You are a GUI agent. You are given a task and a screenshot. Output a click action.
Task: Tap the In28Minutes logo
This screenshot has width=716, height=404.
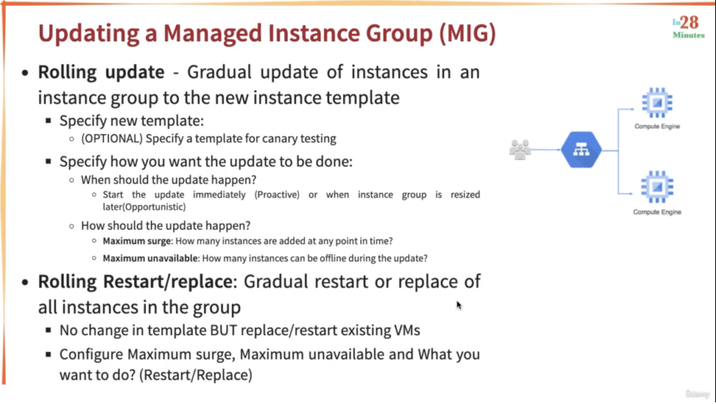point(689,27)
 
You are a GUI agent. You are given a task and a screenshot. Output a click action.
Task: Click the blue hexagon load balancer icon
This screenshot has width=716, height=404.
point(581,150)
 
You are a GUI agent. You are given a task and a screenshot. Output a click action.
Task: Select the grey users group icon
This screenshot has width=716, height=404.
point(520,149)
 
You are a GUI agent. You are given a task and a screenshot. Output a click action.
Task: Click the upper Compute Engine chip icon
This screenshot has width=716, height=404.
point(657,103)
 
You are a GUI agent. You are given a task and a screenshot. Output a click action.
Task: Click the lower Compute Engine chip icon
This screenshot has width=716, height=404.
point(657,187)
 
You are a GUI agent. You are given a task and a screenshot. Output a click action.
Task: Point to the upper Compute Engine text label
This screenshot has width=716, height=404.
point(657,126)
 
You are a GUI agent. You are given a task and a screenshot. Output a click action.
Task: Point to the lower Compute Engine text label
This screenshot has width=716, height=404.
point(657,212)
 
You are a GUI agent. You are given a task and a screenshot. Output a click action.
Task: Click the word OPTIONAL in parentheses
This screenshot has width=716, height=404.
point(112,139)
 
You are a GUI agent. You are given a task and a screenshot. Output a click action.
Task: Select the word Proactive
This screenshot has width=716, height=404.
point(277,195)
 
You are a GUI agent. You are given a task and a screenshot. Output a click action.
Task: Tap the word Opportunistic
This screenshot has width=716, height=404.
point(155,207)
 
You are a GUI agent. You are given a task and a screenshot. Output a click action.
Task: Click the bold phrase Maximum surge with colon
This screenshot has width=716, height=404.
point(138,241)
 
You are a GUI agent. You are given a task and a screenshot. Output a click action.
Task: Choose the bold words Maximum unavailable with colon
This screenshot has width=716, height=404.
point(151,258)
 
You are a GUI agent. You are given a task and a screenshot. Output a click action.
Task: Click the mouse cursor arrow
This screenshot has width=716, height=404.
point(459,305)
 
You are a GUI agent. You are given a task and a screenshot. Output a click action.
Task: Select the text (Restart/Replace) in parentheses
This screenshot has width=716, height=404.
point(196,375)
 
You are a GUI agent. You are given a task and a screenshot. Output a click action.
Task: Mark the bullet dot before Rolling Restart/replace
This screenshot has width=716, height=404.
point(25,282)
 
